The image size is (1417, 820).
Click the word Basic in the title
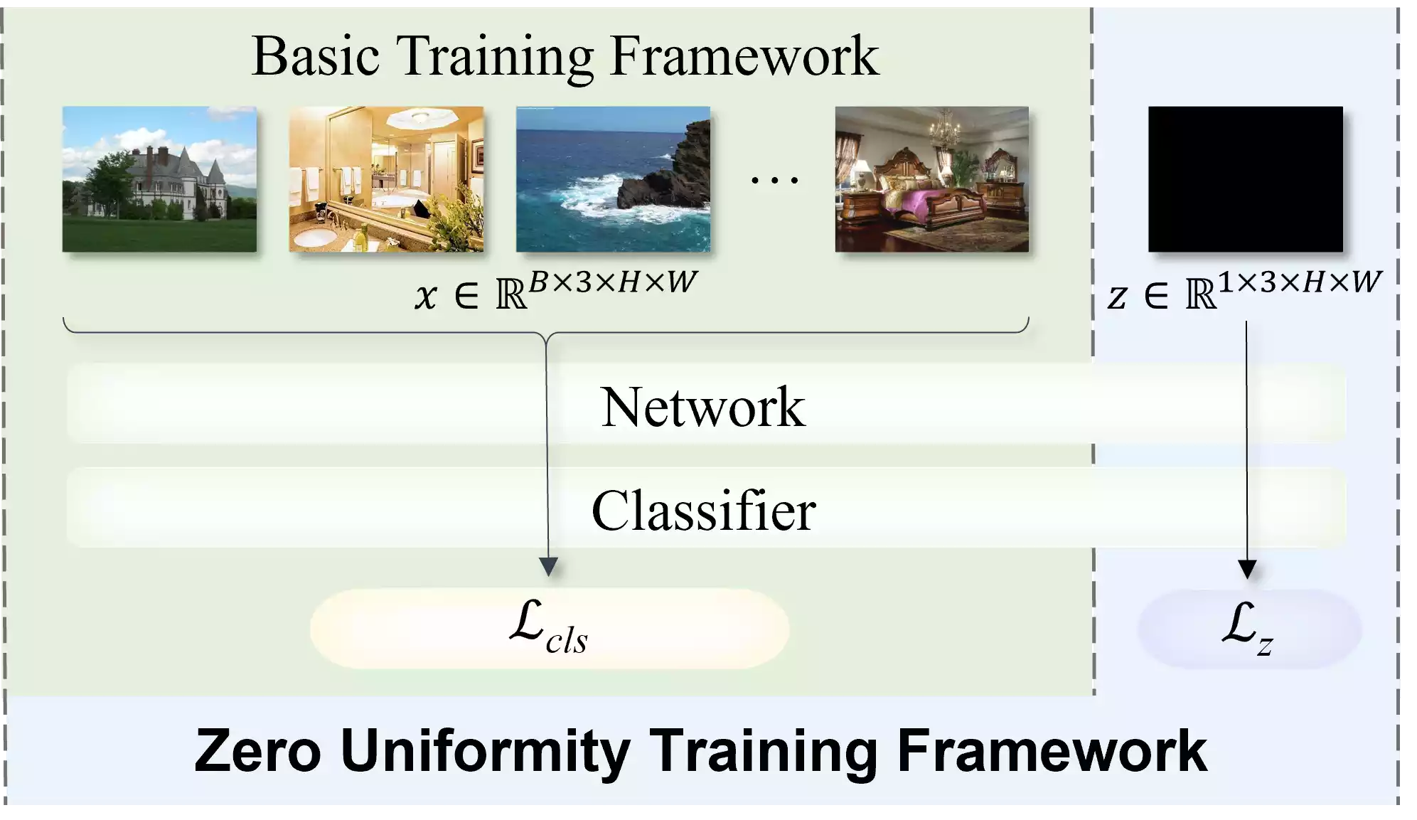click(316, 56)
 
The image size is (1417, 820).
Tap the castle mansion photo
click(159, 179)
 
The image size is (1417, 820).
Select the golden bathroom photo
click(386, 179)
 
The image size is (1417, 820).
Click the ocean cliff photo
click(613, 179)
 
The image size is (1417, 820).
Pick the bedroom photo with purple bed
click(931, 179)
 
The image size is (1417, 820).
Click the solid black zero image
click(1246, 179)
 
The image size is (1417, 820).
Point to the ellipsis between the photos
click(775, 181)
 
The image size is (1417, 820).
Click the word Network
click(703, 407)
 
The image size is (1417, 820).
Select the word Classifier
click(703, 511)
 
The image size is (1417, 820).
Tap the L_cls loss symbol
click(548, 627)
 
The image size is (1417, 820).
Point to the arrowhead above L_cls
click(548, 567)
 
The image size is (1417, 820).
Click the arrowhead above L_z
click(1247, 570)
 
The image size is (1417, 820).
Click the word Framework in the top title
click(744, 56)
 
